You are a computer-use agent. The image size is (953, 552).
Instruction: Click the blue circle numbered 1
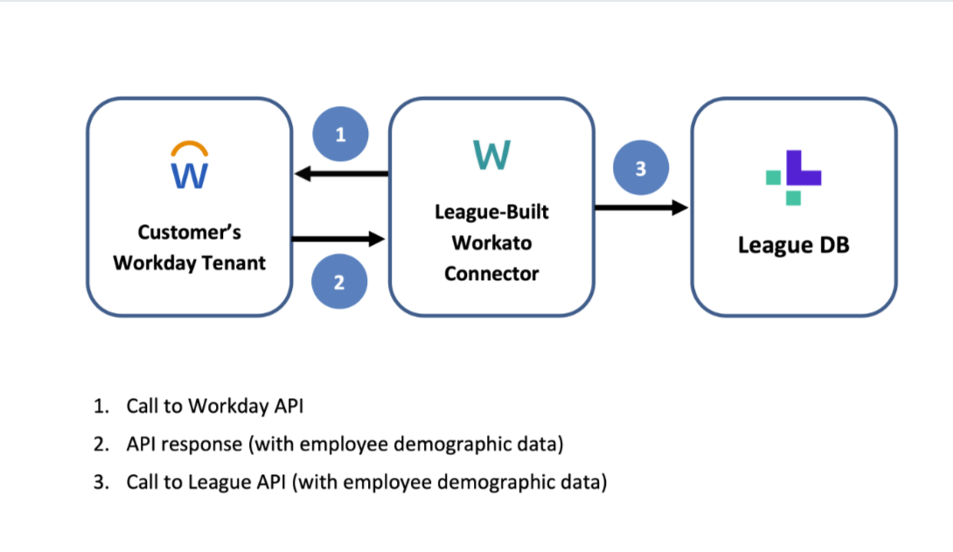341,135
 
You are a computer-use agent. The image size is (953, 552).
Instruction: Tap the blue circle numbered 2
339,282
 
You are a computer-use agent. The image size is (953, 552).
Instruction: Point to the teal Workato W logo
491,156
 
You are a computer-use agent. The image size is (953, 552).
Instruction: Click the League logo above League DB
793,178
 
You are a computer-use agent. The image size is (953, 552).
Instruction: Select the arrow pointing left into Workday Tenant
341,174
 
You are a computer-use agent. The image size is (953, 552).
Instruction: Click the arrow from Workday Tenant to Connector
339,239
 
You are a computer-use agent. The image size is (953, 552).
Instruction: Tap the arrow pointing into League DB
641,207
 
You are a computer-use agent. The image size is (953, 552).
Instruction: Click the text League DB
793,245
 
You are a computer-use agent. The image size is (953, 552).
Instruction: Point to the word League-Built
491,212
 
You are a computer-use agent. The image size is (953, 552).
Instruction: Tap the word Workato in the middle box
491,242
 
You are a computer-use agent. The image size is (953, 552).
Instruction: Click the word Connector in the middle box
491,273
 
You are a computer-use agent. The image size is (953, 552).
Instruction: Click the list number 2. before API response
101,444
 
